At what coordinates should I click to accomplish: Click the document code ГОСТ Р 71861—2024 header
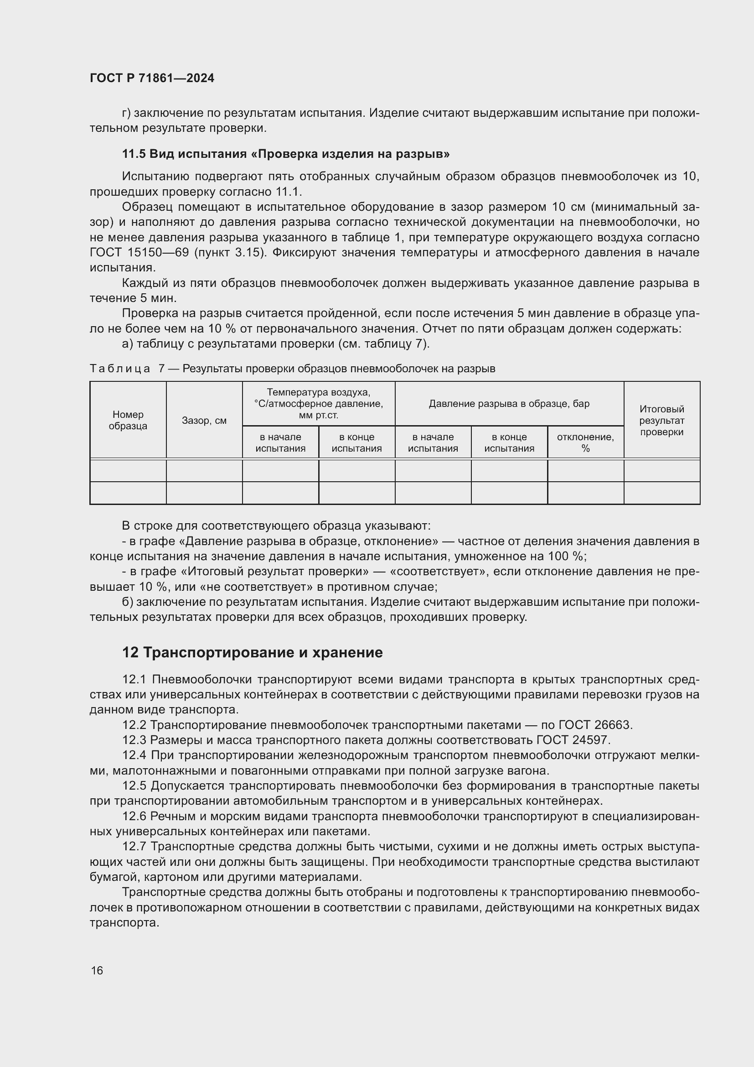tap(152, 78)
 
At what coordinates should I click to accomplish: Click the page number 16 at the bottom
tap(97, 970)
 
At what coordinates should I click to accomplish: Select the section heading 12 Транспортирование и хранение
tap(252, 652)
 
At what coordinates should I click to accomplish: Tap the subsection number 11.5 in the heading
tap(134, 154)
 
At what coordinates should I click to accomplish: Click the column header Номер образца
tap(128, 420)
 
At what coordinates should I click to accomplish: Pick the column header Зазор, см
tap(204, 421)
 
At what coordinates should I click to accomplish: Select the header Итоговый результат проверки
tap(661, 421)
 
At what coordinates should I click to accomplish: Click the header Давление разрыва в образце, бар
tap(509, 403)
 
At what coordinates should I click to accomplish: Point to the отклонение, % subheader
tap(585, 442)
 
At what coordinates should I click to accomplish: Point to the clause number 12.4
tap(134, 755)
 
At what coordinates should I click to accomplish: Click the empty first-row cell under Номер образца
tap(128, 470)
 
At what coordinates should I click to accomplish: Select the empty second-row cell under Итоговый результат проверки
tap(661, 493)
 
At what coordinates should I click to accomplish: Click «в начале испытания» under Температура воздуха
tap(280, 442)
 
